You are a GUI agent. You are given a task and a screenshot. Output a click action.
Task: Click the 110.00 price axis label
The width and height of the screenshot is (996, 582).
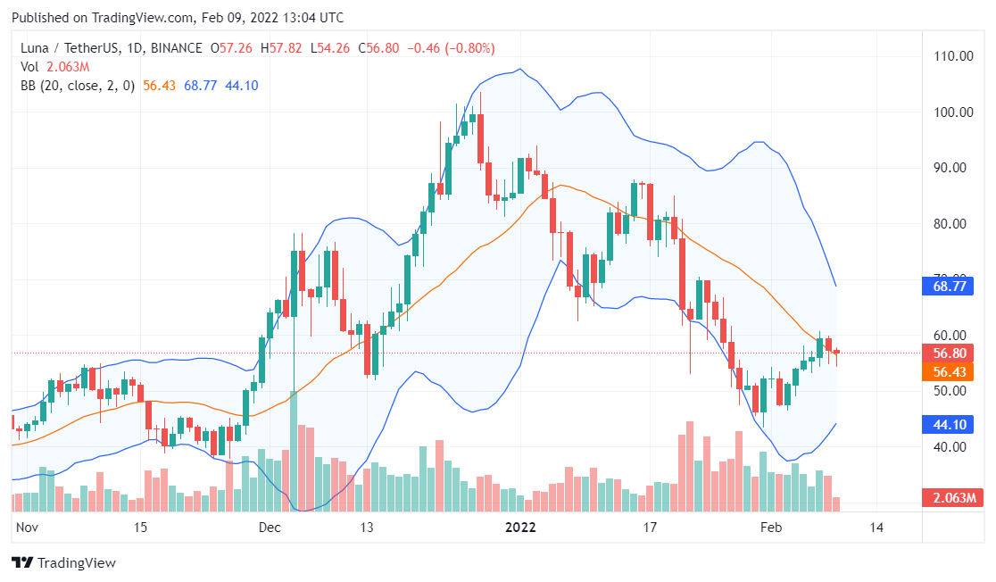pos(953,56)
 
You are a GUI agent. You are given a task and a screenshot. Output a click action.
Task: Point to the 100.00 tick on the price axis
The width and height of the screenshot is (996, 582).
pos(953,112)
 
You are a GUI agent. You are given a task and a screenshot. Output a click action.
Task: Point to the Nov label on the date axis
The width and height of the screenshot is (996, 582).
pos(29,528)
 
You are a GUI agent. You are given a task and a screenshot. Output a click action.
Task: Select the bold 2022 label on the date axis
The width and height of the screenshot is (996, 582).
pos(520,528)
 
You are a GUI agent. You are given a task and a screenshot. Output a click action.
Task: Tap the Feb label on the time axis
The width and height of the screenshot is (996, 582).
pos(770,528)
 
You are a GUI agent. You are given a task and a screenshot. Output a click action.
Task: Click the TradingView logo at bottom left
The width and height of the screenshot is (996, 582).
pos(63,563)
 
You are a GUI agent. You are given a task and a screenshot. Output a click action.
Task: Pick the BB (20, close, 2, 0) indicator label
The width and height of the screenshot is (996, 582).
pos(79,86)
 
